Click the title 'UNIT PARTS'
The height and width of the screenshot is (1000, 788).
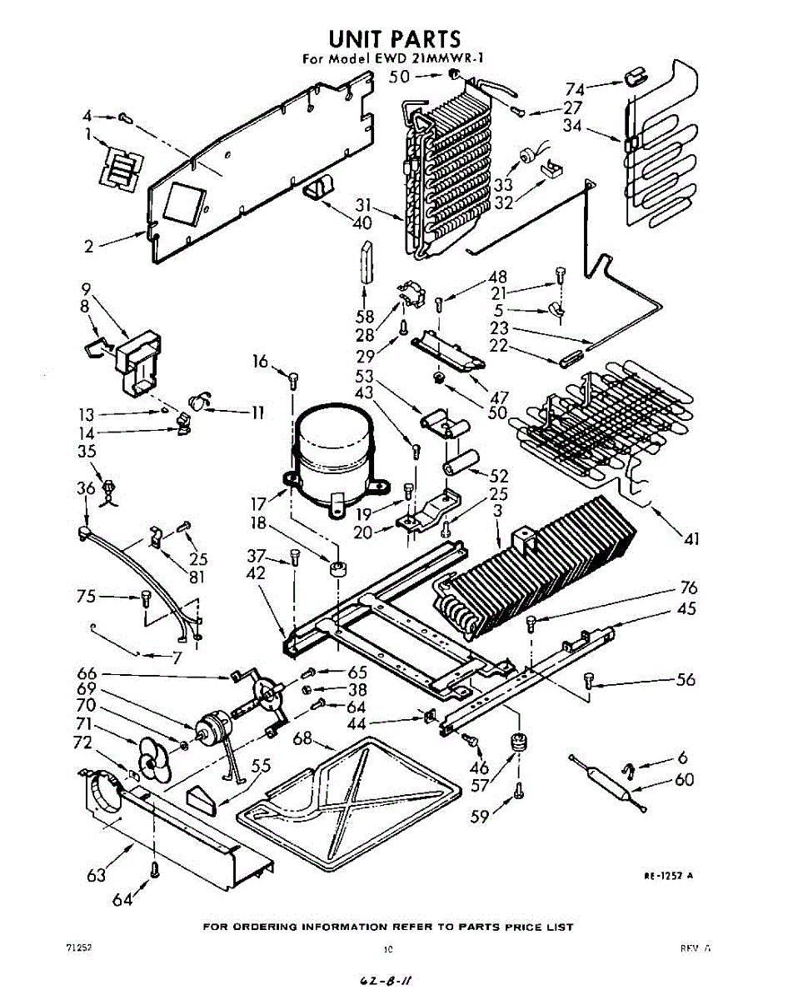pos(394,38)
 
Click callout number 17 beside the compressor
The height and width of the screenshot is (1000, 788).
pos(258,502)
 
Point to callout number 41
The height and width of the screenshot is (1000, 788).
pos(691,539)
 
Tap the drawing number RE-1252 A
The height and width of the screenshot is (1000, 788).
pos(668,875)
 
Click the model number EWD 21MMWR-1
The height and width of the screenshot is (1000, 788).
pos(429,59)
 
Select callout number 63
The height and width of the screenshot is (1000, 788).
pos(96,874)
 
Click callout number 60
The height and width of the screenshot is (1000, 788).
pos(684,780)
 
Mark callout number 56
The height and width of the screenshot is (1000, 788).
pos(685,679)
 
